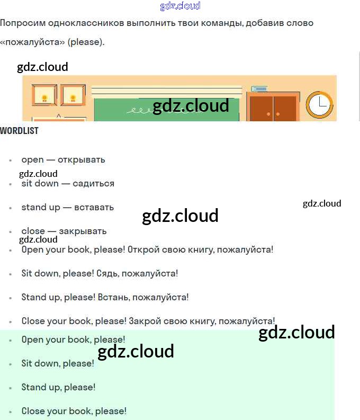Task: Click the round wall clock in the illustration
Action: [x=319, y=104]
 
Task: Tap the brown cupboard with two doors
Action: [x=273, y=108]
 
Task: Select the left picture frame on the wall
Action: [x=45, y=96]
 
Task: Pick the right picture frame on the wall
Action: [x=73, y=96]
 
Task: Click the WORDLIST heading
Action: [x=19, y=131]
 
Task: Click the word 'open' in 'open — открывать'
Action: [x=32, y=159]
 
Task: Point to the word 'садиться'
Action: [x=94, y=183]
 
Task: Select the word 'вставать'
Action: [x=94, y=207]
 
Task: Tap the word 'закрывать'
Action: [x=83, y=231]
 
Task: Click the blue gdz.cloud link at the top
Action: [x=180, y=6]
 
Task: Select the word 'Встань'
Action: [x=114, y=297]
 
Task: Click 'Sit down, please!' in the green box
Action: [x=58, y=363]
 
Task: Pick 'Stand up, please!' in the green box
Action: [x=58, y=387]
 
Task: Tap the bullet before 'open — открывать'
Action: [x=10, y=160]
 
